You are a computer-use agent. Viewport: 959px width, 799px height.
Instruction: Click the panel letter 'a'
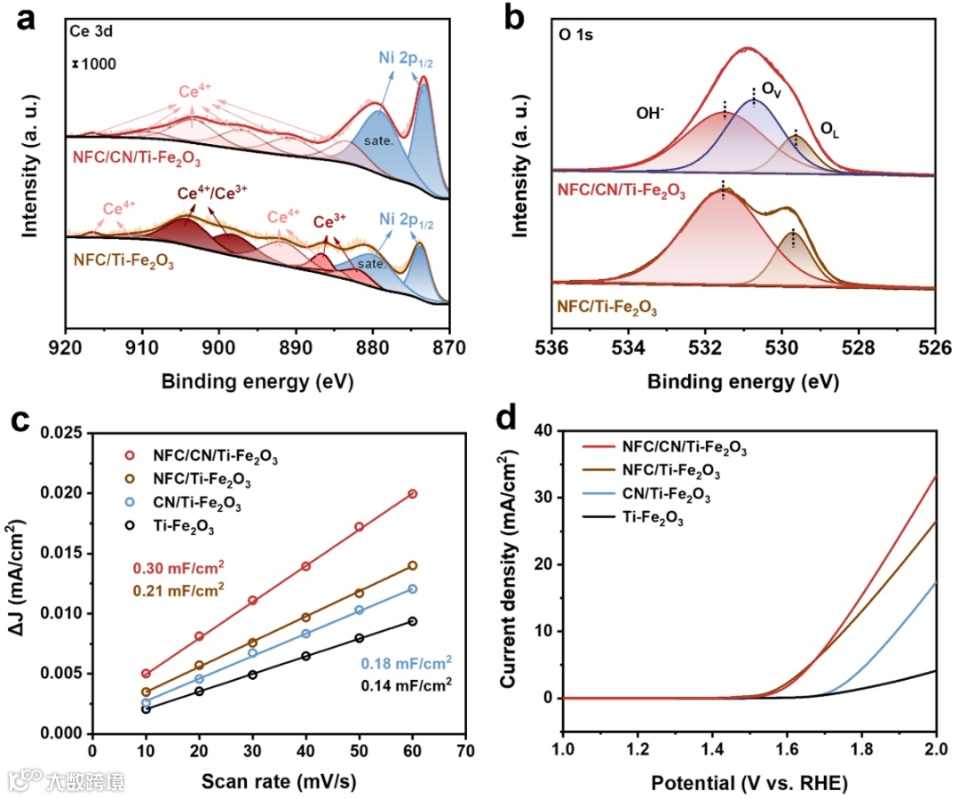(26, 20)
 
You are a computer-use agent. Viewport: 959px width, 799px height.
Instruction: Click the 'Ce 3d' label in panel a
(93, 33)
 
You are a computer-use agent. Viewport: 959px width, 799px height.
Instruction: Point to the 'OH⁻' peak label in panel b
(652, 114)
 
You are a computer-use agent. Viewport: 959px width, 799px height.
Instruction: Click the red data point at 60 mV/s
(412, 493)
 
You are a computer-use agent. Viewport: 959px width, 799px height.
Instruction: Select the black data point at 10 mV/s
(146, 709)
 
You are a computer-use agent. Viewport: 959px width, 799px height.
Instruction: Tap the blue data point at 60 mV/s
(412, 588)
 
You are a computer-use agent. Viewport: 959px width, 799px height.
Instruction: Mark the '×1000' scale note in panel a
(93, 64)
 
